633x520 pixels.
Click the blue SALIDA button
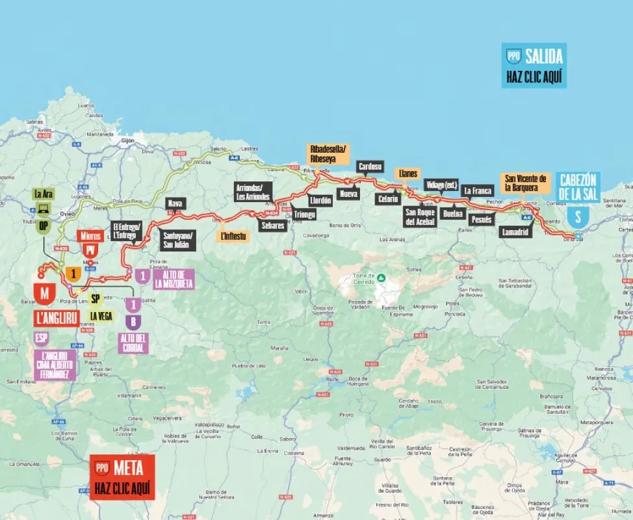pos(534,65)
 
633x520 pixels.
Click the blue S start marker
pos(574,217)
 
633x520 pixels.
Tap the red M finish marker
pos(44,294)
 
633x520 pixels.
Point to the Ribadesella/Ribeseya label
pos(328,153)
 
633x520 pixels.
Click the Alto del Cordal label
pos(133,343)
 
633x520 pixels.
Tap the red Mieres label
pos(89,236)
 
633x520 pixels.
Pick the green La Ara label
pos(44,194)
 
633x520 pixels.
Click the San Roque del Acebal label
pos(419,216)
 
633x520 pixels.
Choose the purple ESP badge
pos(40,339)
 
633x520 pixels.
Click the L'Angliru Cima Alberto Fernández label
pos(55,365)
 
